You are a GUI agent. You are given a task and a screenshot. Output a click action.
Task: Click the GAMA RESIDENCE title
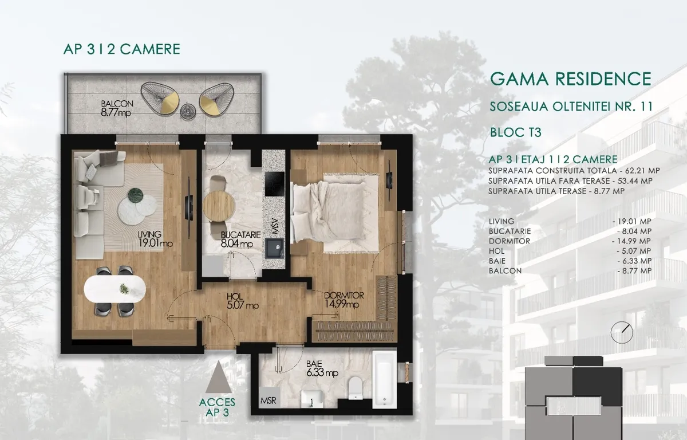[x=571, y=79]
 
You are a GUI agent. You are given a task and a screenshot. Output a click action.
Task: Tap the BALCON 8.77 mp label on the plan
[x=117, y=108]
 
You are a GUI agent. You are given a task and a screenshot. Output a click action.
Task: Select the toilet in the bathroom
[x=356, y=388]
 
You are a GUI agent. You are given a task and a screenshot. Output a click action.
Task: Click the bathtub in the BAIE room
[x=385, y=379]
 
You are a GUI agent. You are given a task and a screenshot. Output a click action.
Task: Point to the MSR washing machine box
[x=269, y=398]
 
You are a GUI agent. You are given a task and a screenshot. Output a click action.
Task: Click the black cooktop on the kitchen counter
[x=274, y=184]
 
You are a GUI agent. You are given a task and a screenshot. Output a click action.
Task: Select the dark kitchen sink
[x=275, y=249]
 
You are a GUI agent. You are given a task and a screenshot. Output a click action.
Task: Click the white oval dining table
[x=115, y=289]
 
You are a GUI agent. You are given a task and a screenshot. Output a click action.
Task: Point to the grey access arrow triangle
[x=218, y=377]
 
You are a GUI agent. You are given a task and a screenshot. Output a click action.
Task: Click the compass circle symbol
[x=622, y=332]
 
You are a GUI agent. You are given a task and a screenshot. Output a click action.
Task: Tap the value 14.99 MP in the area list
[x=634, y=241]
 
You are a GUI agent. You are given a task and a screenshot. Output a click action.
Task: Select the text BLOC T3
[x=516, y=132]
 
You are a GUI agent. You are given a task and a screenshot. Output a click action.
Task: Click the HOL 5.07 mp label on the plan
[x=242, y=301]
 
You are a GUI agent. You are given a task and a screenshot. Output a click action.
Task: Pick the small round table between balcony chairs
[x=187, y=111]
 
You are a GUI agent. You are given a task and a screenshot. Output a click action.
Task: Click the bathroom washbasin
[x=312, y=399]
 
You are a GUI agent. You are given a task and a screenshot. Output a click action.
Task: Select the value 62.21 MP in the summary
[x=642, y=171]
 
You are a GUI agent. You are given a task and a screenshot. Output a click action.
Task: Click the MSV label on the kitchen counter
[x=274, y=226]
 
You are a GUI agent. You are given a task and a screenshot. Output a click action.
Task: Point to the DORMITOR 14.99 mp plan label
[x=343, y=300]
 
